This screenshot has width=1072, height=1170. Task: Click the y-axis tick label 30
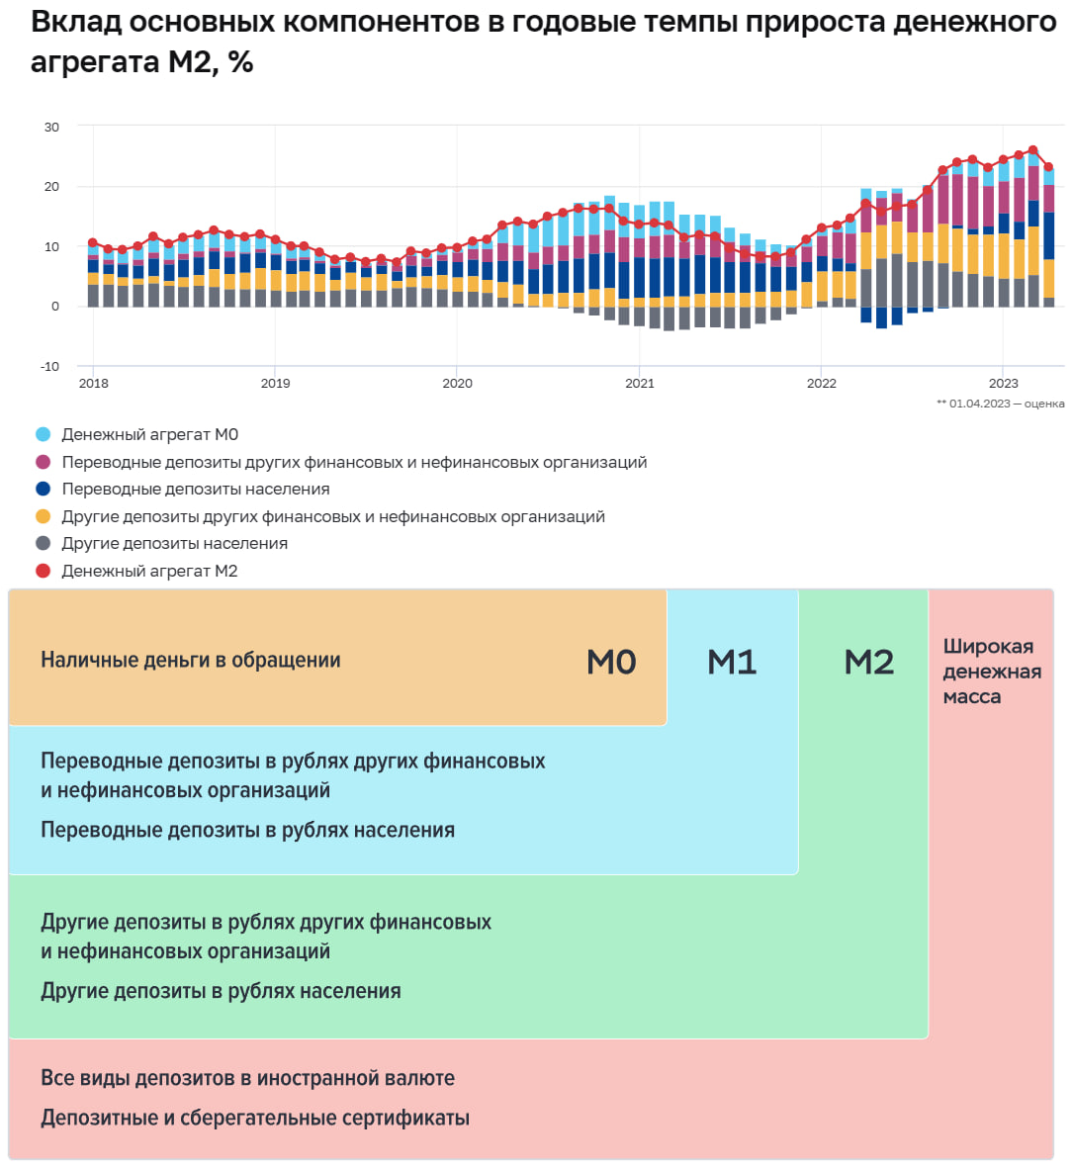[51, 127]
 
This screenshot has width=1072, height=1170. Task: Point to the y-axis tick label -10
[49, 366]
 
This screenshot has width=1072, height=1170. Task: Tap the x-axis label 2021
[639, 384]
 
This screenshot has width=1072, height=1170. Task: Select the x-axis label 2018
[94, 384]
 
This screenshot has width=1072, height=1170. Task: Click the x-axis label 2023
[1003, 384]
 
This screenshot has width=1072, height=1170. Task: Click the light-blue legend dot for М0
[43, 435]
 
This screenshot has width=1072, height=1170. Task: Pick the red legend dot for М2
[43, 571]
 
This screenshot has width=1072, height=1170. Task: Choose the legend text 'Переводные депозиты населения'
[196, 490]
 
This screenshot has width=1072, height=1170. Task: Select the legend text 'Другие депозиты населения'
[175, 544]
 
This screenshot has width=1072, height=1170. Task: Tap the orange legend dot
[43, 516]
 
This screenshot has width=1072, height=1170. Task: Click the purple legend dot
[43, 462]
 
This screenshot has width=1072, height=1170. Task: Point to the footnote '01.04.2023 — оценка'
[1006, 404]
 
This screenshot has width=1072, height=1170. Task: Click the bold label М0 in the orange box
[611, 662]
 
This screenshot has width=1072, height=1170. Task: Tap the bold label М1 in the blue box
[732, 662]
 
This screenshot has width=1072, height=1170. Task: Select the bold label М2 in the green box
[868, 662]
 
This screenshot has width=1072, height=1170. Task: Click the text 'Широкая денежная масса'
[991, 672]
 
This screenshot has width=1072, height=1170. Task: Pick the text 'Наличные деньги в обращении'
[191, 661]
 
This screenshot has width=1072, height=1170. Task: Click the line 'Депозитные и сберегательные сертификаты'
[255, 1119]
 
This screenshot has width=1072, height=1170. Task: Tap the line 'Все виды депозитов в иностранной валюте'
[247, 1078]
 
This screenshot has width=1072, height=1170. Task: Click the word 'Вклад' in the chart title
[76, 22]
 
